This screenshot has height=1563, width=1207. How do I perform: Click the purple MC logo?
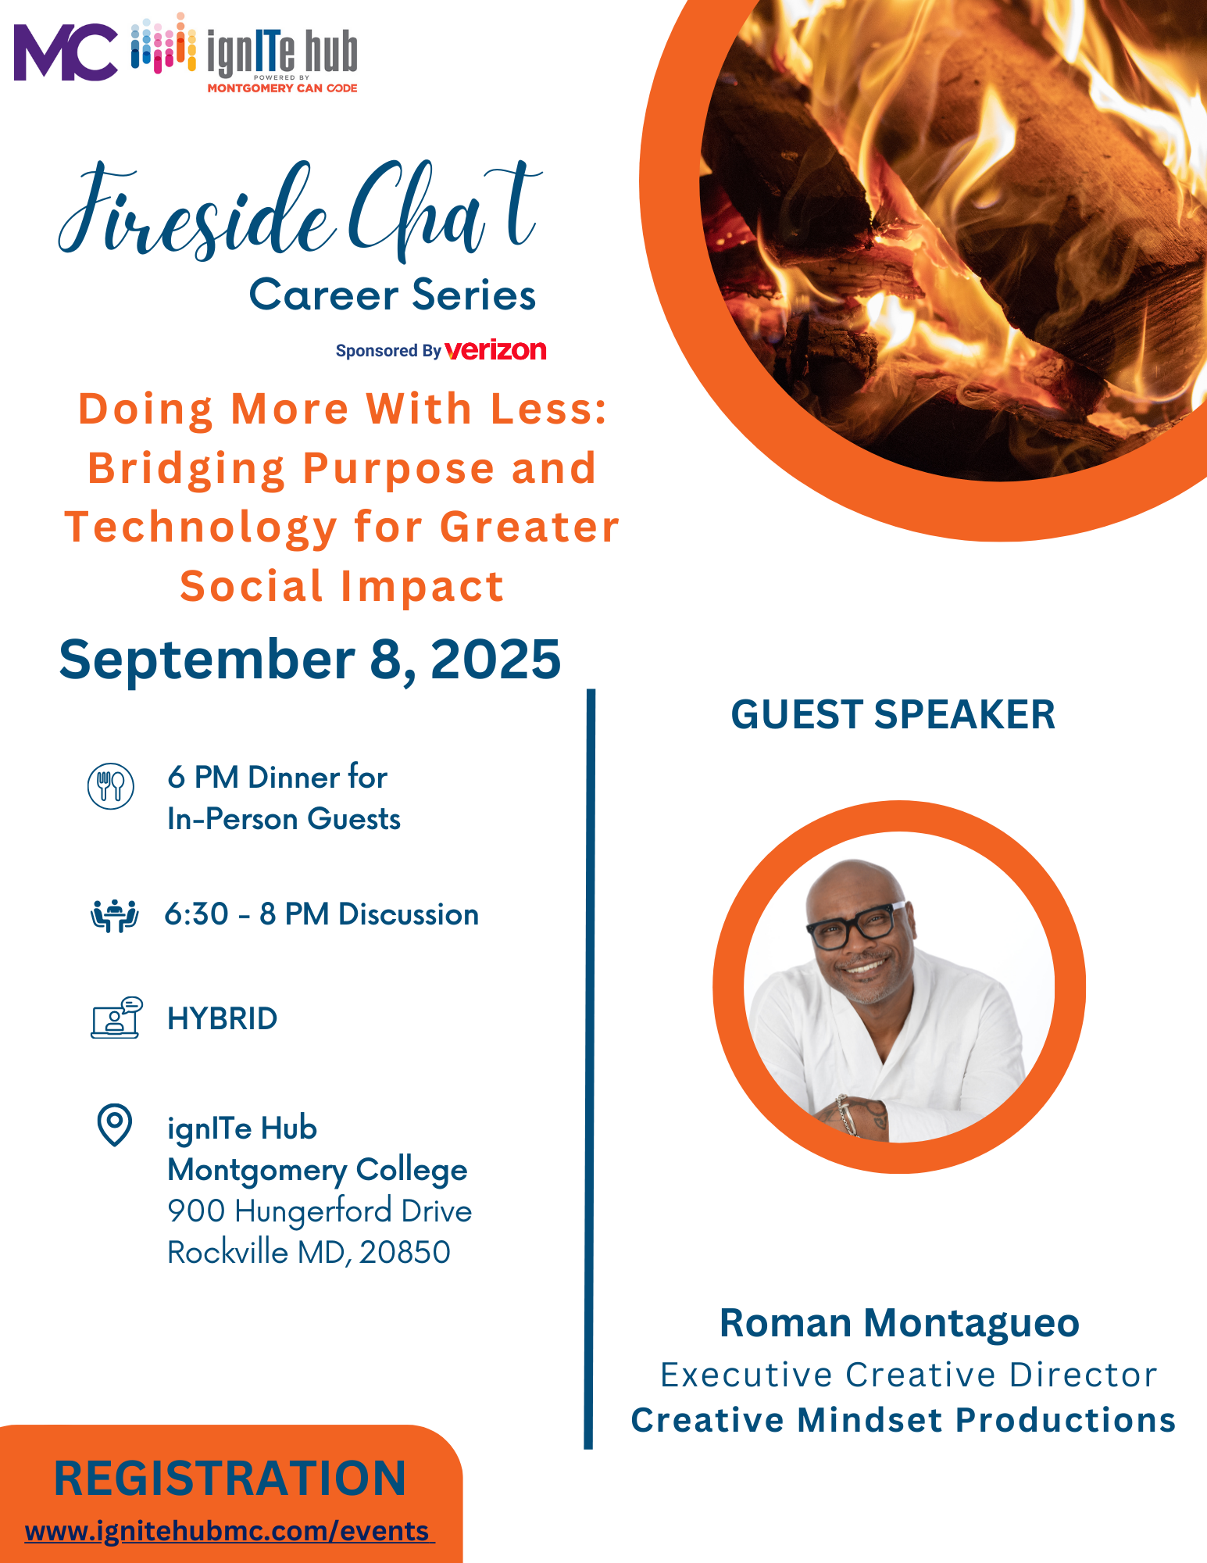(66, 52)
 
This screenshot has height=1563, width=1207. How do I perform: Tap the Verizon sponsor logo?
(495, 350)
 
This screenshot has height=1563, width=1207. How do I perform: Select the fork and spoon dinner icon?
(111, 786)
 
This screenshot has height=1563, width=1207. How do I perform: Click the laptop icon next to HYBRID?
(116, 1018)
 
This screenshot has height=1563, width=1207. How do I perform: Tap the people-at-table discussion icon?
(115, 916)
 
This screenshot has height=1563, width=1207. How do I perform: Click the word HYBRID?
(223, 1018)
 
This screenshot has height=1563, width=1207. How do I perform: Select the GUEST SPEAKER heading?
(893, 714)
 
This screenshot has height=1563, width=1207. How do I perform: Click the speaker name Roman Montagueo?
(899, 1323)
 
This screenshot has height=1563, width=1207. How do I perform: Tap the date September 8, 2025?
(310, 660)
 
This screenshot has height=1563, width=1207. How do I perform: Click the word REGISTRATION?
(230, 1479)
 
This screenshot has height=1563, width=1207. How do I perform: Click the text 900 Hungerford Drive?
(320, 1211)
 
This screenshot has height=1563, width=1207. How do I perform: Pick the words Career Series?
(392, 295)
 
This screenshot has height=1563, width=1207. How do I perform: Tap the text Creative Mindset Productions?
(903, 1420)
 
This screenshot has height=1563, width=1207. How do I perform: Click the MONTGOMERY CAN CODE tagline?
(282, 88)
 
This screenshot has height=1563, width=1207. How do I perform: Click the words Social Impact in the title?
(342, 586)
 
